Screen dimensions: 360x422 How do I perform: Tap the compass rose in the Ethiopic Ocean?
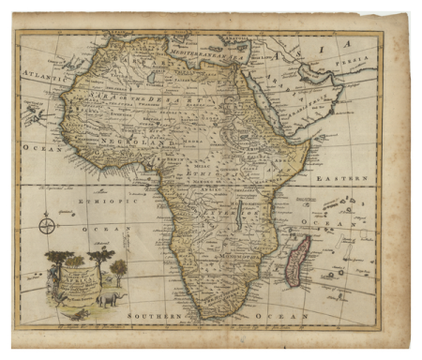tap(47, 225)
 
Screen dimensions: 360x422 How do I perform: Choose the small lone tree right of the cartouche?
tap(119, 272)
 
